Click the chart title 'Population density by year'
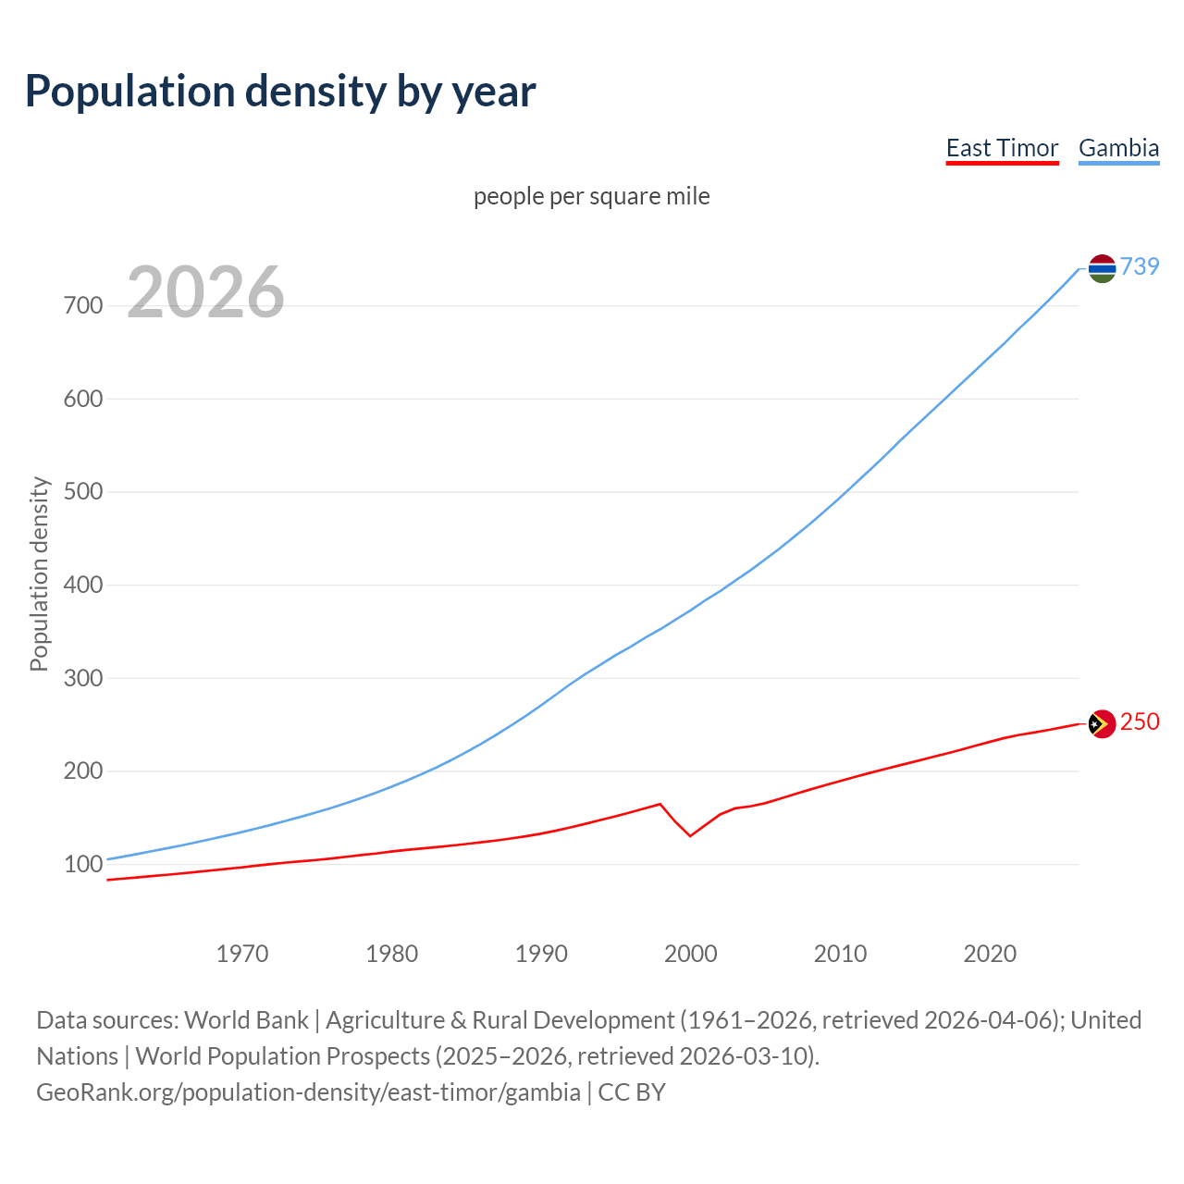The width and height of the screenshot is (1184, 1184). [280, 92]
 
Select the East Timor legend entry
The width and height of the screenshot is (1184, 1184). [1002, 149]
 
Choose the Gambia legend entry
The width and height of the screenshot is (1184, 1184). [1118, 149]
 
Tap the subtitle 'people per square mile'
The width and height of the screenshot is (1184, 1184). [592, 197]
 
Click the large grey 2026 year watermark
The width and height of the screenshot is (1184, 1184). [205, 292]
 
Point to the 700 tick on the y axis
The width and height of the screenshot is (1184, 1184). [83, 305]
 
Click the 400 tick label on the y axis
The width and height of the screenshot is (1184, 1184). [83, 585]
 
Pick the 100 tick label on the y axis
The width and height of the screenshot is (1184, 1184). [83, 864]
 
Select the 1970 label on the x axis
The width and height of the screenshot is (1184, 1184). [242, 954]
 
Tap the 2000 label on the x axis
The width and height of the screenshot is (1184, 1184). [690, 954]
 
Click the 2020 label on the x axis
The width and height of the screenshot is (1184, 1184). [990, 954]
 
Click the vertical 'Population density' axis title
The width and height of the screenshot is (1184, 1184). [39, 573]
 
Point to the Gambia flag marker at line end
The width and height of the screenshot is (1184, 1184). [1102, 268]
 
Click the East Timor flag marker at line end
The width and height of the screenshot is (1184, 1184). [1102, 723]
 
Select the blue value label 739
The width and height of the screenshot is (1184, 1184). [1140, 266]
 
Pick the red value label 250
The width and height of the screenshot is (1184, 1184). [1140, 721]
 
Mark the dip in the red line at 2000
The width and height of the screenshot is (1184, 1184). [690, 835]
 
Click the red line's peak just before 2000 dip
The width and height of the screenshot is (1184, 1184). [660, 804]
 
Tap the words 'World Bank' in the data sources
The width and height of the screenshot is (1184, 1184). [246, 1020]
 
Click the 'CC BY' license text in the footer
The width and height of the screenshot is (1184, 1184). [632, 1092]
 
